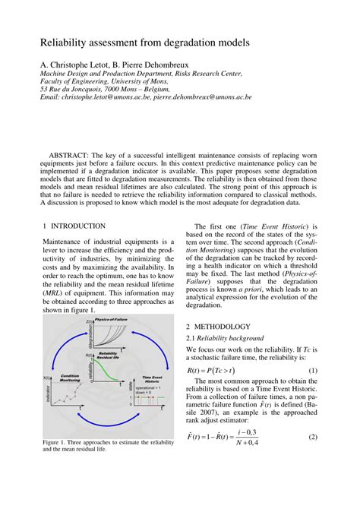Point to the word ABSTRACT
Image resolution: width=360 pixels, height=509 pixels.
pyautogui.click(x=73, y=154)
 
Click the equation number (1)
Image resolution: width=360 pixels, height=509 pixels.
pyautogui.click(x=312, y=371)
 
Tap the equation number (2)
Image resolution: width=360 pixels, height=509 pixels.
pyautogui.click(x=312, y=459)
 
